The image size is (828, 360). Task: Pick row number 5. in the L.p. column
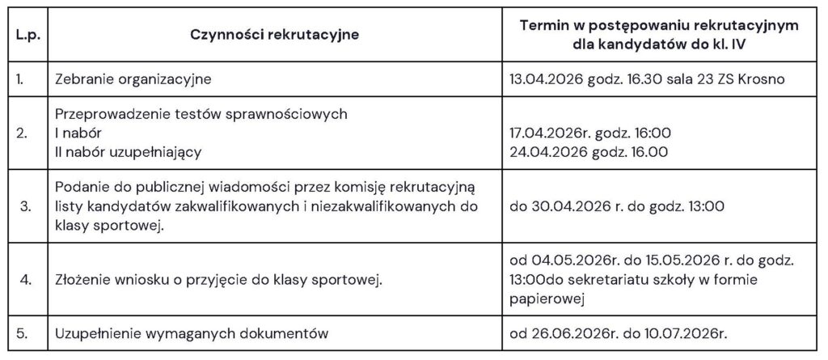click(x=25, y=332)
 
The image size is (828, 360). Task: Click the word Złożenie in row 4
click(x=86, y=281)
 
